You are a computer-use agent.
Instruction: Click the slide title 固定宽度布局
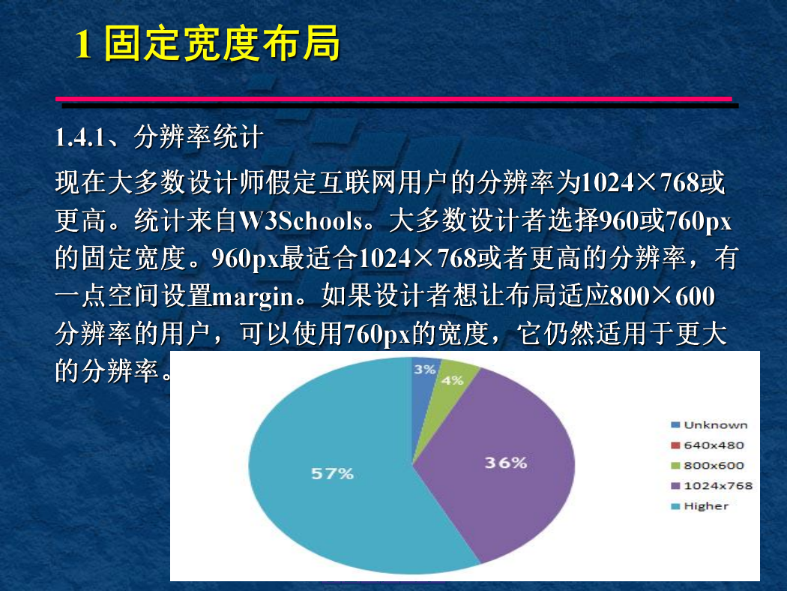(x=222, y=43)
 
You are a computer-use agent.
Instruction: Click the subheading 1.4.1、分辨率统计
(x=159, y=136)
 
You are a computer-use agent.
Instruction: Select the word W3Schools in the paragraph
(x=301, y=220)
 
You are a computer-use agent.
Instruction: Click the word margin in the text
(x=253, y=296)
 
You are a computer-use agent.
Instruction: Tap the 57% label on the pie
(x=332, y=473)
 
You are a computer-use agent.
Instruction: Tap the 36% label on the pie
(x=506, y=463)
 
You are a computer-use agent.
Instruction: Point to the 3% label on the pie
(x=424, y=370)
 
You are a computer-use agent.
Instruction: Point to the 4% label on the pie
(x=452, y=380)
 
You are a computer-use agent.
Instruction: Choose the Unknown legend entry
(x=709, y=424)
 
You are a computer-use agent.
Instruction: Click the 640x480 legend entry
(x=708, y=445)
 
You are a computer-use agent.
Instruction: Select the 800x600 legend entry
(x=708, y=466)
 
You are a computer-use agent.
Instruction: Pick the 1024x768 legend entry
(x=712, y=485)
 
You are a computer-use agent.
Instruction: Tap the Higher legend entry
(x=699, y=506)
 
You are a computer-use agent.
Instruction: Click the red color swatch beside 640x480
(x=675, y=445)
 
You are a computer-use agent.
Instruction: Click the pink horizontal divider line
(x=393, y=99)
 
